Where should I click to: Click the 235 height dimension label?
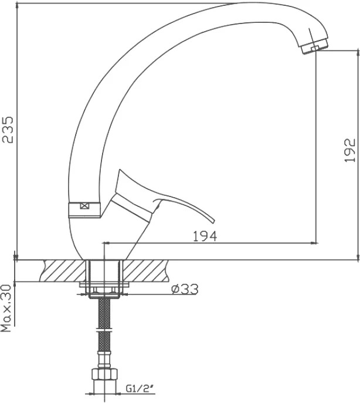[8, 130]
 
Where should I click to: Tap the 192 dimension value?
[349, 150]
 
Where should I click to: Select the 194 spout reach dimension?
[205, 236]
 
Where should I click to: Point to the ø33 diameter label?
[185, 289]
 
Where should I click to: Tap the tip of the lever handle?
[213, 222]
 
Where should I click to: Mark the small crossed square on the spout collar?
[84, 206]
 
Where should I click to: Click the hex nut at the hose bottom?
[104, 374]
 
